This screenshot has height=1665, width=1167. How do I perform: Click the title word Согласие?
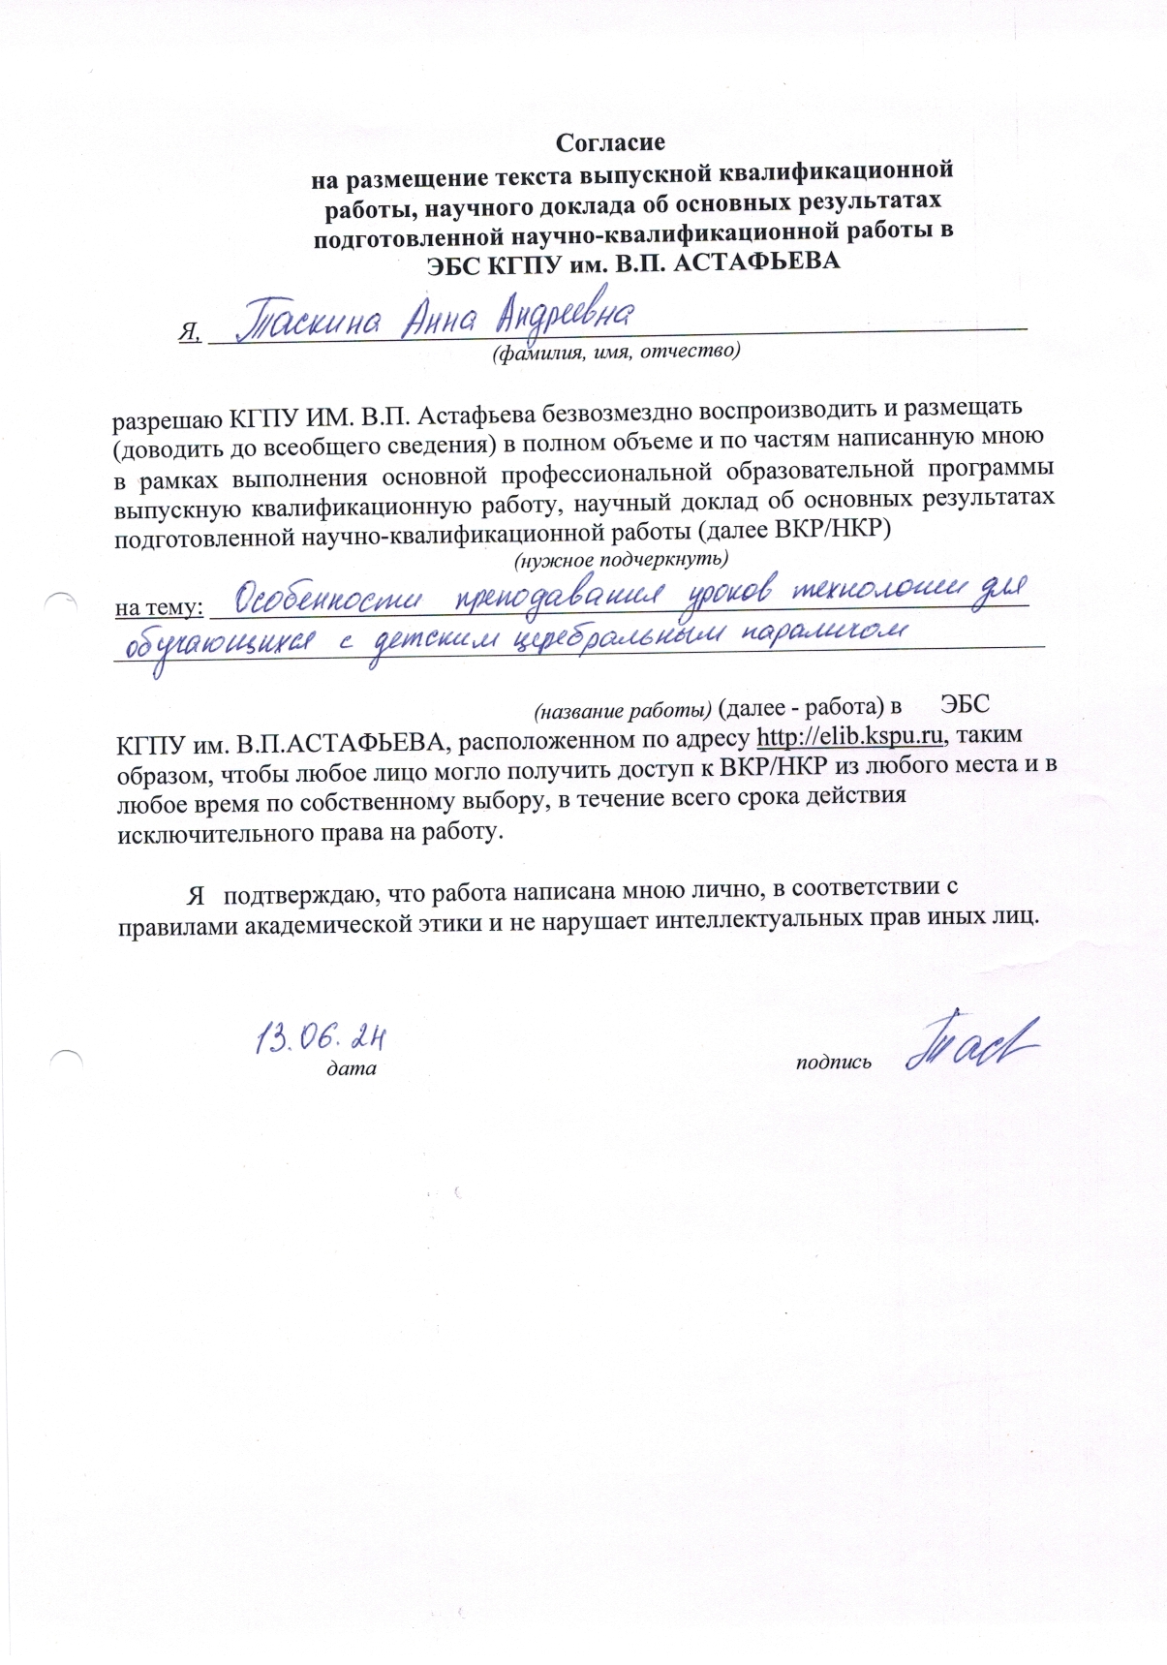(610, 143)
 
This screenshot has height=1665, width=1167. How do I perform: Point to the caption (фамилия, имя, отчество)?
(616, 352)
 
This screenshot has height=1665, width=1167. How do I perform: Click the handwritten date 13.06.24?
(321, 1038)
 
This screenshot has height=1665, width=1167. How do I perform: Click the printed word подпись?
(833, 1063)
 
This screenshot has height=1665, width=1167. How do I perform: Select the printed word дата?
(351, 1069)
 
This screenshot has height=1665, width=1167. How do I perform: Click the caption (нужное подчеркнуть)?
(620, 560)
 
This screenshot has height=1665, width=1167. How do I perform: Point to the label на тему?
(159, 608)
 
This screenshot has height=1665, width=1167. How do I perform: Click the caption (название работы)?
(624, 710)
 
